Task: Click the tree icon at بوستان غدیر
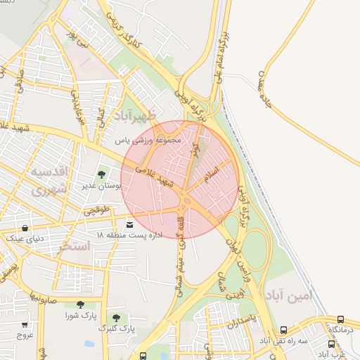(101, 174)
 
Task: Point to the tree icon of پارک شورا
(80, 305)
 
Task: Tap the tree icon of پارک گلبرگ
(116, 318)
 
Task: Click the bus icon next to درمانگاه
(341, 319)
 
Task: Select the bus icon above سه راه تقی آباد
(283, 330)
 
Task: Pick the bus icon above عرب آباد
(331, 344)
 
